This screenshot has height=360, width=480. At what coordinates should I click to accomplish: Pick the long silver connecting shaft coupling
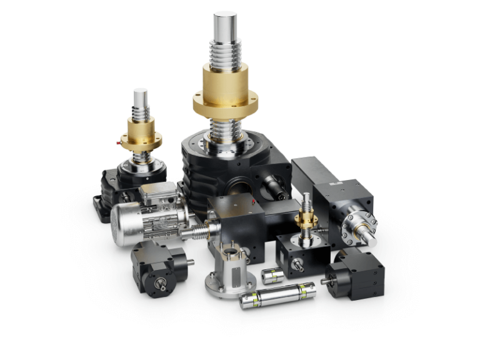pos(274,297)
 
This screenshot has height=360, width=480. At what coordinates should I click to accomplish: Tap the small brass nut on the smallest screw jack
pos(306,218)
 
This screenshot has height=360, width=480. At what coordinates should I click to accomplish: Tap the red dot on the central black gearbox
pos(252,202)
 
